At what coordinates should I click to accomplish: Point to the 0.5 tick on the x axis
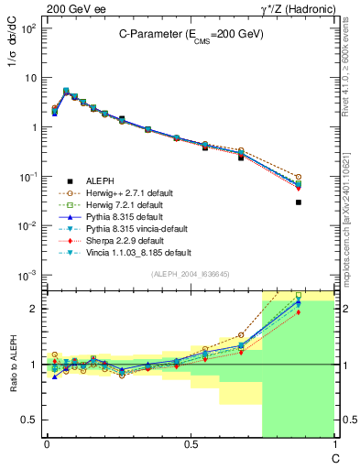point(190,446)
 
